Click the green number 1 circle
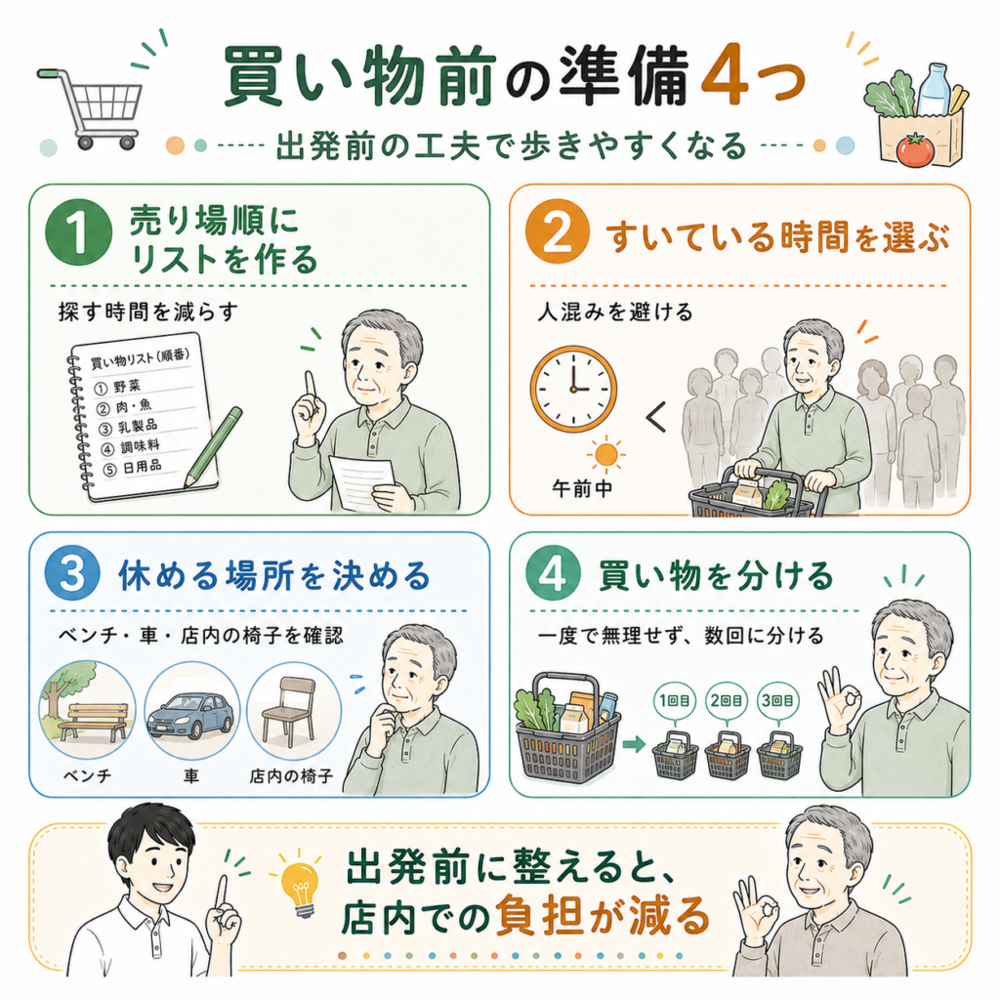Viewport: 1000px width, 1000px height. pos(78,232)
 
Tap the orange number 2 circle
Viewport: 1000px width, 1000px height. pos(557,231)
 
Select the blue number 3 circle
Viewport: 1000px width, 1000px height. pos(72,572)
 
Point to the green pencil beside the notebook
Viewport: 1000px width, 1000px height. pos(213,447)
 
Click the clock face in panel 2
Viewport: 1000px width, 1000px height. pos(573,389)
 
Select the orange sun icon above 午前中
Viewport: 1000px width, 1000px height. pos(605,455)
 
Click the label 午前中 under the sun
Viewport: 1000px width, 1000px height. pos(582,488)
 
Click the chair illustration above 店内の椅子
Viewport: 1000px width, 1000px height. pos(289,711)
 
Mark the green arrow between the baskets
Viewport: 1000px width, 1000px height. pos(634,743)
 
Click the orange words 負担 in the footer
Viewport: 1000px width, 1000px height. pos(539,916)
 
